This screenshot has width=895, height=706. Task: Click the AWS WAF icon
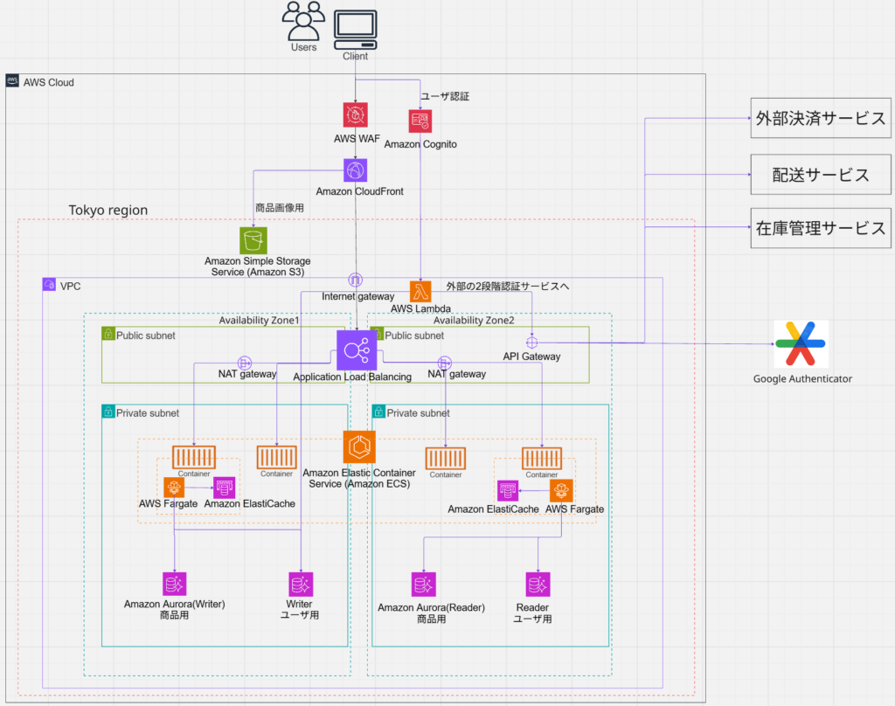tap(355, 114)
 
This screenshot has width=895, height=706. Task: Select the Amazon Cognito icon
tap(420, 121)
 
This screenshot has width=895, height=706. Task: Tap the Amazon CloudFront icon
tap(355, 170)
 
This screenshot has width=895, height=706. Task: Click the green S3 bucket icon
tap(253, 240)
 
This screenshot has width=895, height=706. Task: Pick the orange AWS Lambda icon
tap(420, 292)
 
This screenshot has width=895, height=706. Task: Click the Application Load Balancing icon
tap(357, 350)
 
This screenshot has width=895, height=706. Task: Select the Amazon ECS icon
tap(359, 446)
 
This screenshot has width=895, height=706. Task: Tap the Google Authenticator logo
tap(801, 343)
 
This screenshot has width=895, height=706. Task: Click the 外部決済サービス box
tap(820, 118)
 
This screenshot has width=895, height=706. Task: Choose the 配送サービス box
tap(820, 175)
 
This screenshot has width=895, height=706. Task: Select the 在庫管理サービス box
tap(820, 228)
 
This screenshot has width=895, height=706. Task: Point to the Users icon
tap(303, 21)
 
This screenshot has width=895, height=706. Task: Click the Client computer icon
tap(355, 30)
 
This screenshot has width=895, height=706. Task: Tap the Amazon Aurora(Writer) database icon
tap(174, 584)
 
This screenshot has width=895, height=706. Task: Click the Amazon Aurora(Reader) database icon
tap(424, 584)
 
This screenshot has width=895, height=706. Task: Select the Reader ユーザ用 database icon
tap(538, 584)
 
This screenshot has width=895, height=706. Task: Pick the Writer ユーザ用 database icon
tap(301, 584)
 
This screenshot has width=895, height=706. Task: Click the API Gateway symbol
tap(531, 343)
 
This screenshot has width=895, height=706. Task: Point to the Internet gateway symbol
tap(355, 280)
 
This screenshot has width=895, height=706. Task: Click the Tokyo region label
tap(108, 210)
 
